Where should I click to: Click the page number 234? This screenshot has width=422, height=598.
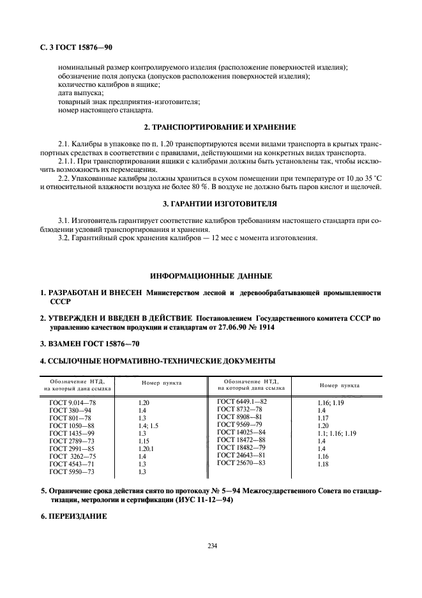pos(211,546)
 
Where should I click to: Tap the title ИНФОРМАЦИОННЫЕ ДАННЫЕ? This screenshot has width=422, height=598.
pos(211,276)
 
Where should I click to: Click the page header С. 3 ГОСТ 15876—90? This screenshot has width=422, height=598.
pos(76,47)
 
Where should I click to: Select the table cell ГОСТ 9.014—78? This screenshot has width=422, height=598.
pos(72,404)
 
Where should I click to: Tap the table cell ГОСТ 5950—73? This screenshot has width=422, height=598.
pos(72,472)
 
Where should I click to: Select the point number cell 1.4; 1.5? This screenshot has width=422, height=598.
pos(147,427)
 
